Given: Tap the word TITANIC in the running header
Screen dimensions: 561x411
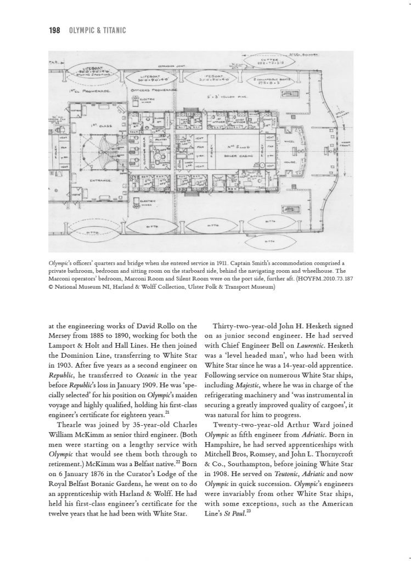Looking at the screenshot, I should point(112,30).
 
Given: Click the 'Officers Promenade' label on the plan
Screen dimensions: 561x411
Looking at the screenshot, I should point(155,89).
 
